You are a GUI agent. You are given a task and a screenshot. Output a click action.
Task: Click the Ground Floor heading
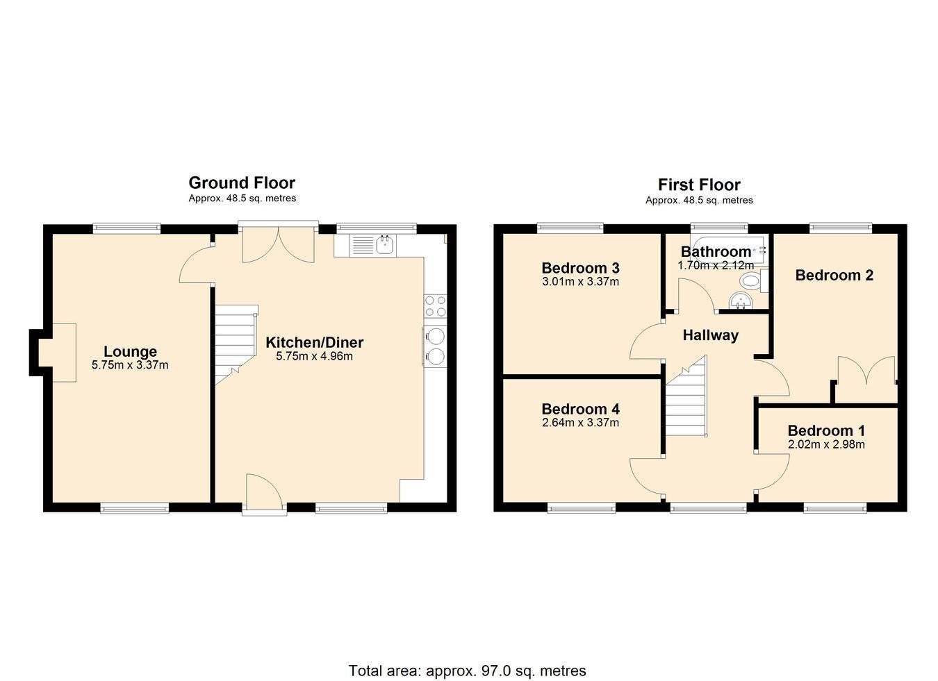pos(242,183)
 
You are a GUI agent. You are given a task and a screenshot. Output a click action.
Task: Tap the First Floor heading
pos(699,185)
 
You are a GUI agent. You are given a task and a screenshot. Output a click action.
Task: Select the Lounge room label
pos(130,351)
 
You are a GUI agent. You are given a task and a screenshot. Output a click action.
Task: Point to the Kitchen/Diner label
pos(315,343)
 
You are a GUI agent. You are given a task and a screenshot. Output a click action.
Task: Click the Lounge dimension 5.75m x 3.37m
pos(130,365)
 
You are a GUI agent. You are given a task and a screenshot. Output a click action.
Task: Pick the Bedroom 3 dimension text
pos(580,282)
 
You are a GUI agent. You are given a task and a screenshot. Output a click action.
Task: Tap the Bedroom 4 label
pos(580,409)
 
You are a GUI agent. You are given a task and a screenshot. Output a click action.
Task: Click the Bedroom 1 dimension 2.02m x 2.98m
pos(826,445)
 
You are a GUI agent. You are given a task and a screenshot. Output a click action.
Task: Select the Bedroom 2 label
pos(834,275)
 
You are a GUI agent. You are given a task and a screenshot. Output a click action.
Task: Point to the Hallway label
pos(711,335)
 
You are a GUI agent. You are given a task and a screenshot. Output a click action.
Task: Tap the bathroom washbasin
pos(741,301)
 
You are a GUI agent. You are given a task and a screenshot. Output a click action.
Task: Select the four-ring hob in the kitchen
pos(435,306)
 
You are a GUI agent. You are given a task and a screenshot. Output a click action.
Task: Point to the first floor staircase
pos(686,397)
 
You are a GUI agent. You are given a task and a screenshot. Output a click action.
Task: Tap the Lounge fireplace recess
pos(58,353)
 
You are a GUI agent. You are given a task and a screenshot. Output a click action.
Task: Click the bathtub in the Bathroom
pos(729,250)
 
